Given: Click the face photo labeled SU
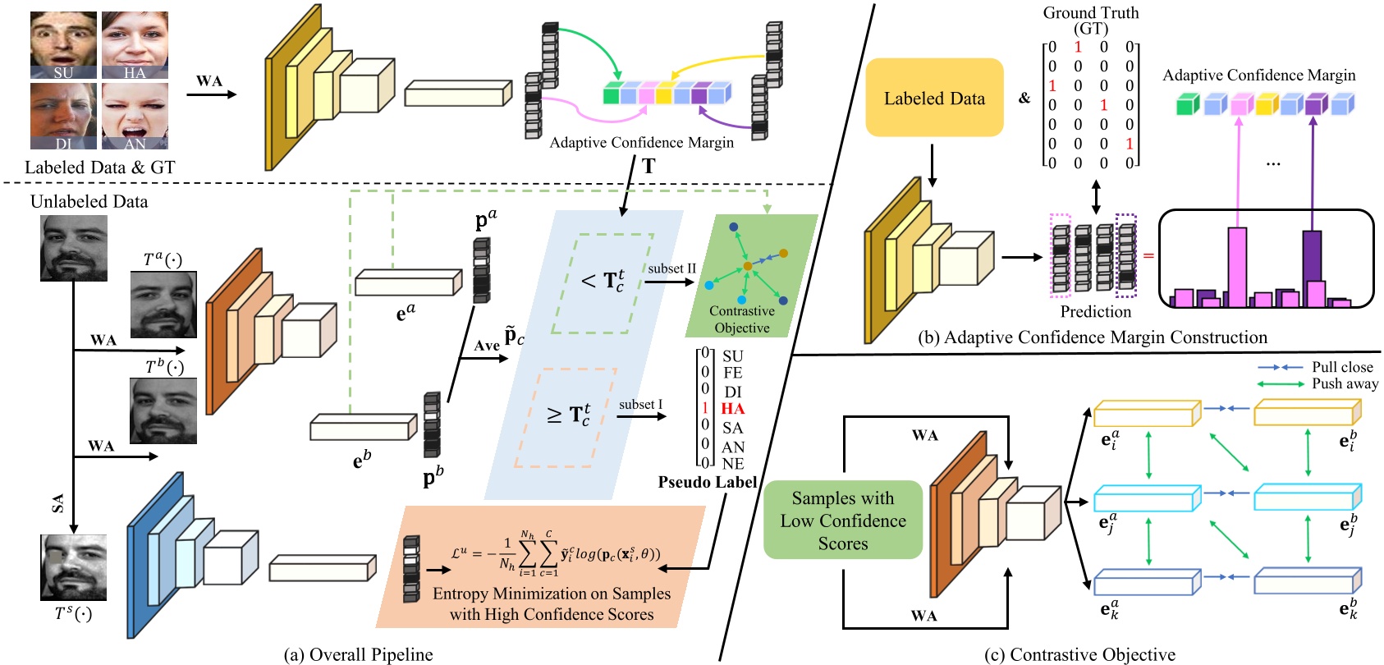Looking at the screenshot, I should tap(63, 44).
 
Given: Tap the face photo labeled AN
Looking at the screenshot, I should tap(135, 116).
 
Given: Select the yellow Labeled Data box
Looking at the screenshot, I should tap(934, 98).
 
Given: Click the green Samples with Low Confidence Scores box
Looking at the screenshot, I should tap(843, 520).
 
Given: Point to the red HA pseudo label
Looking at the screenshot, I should tap(732, 409).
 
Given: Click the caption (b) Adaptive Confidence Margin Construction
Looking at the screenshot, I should tap(1092, 337).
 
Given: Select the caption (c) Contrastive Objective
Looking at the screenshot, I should tap(1079, 654).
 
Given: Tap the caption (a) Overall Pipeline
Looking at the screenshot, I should tap(358, 654).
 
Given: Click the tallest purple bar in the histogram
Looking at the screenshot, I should tap(1312, 267).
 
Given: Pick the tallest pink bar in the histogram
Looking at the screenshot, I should tap(1237, 264).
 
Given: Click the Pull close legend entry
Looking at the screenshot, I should tap(1341, 367).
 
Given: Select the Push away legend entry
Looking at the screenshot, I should tap(1344, 383).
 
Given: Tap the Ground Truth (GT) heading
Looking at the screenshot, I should tap(1091, 20).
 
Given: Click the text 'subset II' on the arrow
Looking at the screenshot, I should tap(671, 268).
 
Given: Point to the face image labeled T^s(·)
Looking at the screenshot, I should tap(74, 566).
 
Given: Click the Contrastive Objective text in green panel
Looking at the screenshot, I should tap(741, 319).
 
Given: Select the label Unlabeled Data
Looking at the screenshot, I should tap(89, 201).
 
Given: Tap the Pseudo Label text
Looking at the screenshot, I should tap(707, 482).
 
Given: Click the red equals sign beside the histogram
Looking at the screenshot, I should tap(1148, 255).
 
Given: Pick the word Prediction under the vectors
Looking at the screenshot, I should tap(1095, 312).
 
